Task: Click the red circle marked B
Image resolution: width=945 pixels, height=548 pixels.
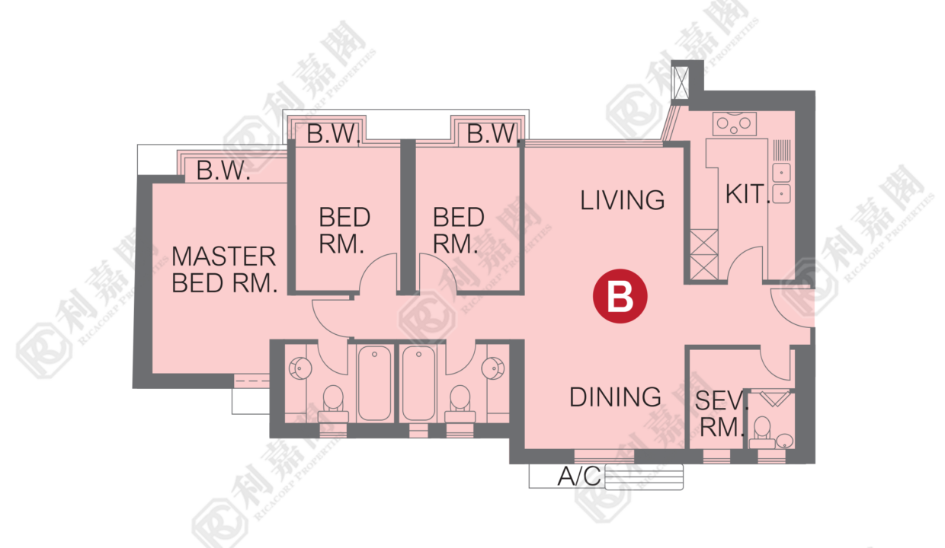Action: coord(620,296)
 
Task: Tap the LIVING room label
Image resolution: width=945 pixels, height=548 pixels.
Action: coord(623,200)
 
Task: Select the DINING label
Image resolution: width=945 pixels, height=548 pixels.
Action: coord(615,397)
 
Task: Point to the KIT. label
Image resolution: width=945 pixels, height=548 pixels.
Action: coord(747,194)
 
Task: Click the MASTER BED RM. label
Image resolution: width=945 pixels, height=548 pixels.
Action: coord(224,269)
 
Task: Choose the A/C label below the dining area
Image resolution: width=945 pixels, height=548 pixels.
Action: coord(579,476)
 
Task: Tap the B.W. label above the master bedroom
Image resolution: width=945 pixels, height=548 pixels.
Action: coord(223,170)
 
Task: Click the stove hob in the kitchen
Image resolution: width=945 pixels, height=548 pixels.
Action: coord(734,123)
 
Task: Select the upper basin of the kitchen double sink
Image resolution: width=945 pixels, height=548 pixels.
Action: coord(781,173)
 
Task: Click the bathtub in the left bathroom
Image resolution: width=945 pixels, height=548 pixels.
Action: coord(374,384)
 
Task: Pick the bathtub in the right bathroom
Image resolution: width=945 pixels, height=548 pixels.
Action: coord(418,384)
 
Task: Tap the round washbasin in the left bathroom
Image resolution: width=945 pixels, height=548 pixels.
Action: coord(300,368)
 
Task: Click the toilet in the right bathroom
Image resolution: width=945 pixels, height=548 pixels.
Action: coord(460,404)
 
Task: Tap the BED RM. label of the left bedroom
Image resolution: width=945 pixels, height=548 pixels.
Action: coord(344,230)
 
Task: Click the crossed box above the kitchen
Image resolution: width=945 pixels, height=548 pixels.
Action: coord(680,82)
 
